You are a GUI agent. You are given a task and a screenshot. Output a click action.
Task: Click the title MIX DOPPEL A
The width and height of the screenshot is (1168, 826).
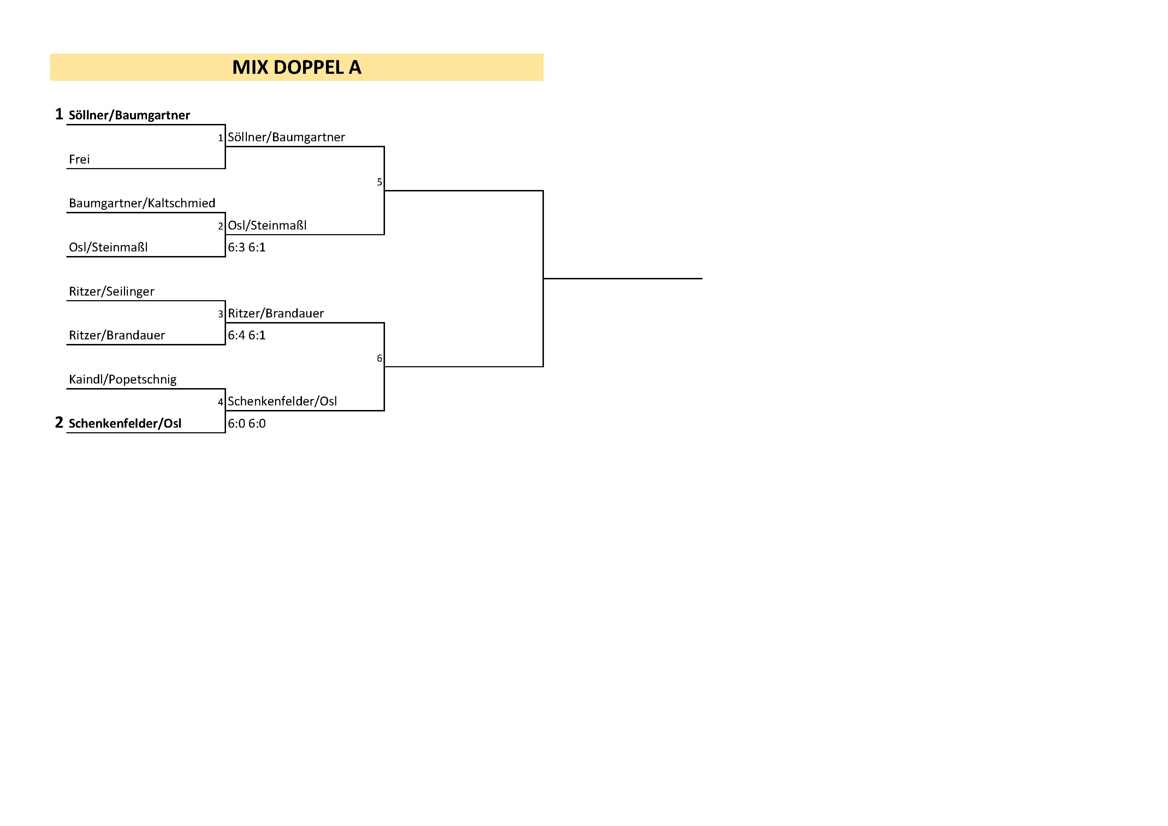297,67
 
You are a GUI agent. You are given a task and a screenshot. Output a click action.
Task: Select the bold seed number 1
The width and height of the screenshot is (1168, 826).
59,114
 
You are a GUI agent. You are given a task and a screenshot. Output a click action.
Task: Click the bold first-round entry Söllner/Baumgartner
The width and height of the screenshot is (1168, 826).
129,115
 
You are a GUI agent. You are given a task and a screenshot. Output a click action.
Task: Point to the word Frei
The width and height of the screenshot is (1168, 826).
79,159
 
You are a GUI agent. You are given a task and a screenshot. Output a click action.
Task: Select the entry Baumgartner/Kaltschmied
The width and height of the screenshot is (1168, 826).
142,203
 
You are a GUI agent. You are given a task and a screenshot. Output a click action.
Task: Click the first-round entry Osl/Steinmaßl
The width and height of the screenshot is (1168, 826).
108,247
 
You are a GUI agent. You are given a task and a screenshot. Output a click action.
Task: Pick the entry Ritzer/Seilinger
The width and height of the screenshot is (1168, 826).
111,291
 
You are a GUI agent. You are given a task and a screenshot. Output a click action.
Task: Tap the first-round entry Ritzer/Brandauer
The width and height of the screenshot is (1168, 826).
117,335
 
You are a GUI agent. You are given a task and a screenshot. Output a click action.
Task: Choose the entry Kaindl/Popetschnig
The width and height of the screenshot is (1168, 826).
123,379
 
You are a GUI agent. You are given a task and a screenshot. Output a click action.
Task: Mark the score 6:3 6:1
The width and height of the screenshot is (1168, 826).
247,247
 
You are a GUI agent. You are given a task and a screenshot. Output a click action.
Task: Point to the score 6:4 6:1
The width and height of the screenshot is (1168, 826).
247,335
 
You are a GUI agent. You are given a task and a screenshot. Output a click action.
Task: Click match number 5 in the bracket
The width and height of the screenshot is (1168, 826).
379,182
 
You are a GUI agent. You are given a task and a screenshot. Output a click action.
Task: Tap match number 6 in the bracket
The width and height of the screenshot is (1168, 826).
379,358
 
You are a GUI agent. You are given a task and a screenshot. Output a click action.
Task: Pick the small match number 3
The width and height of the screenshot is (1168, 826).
221,314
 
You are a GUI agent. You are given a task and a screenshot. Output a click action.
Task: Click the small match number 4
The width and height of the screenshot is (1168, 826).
221,402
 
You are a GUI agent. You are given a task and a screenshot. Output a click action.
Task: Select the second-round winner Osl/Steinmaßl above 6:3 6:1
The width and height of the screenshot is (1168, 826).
267,225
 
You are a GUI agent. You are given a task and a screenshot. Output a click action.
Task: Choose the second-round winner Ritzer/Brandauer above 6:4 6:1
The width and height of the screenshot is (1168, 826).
276,313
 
